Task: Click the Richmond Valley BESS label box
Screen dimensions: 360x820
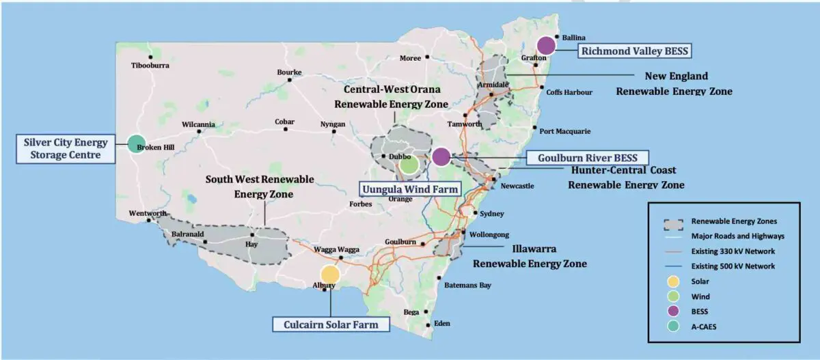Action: click(x=635, y=51)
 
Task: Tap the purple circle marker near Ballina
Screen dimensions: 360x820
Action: click(x=545, y=46)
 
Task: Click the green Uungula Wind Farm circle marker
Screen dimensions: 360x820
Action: click(x=409, y=164)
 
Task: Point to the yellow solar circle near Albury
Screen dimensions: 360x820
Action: click(x=329, y=274)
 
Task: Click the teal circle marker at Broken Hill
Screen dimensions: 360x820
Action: click(x=136, y=143)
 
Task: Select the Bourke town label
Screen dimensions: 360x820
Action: click(x=289, y=72)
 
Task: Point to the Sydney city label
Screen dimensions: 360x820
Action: click(x=491, y=213)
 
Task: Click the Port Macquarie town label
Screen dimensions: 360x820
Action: click(x=564, y=131)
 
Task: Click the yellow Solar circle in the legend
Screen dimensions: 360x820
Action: click(x=674, y=281)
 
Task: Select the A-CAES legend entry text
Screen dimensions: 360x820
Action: click(x=705, y=327)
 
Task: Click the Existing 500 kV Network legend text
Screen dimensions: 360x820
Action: click(x=733, y=266)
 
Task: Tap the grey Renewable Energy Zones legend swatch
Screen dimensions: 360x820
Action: click(x=674, y=221)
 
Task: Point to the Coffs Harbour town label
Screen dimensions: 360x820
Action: click(x=569, y=92)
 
